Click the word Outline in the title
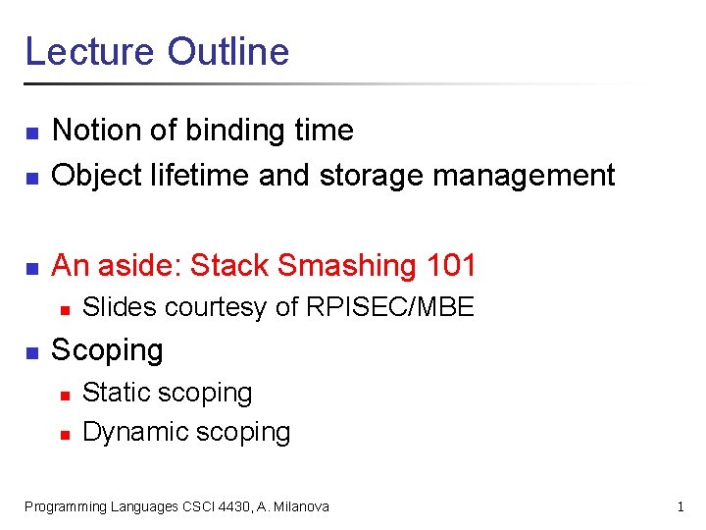pos(228,51)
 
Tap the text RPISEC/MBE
pos(390,308)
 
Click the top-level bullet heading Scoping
pos(107,350)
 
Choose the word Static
pos(115,393)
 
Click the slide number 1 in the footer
pos(680,506)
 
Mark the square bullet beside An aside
pos(30,268)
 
